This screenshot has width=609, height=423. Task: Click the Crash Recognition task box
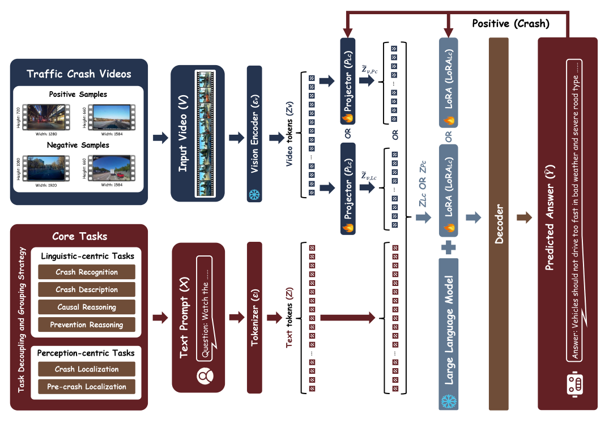point(87,272)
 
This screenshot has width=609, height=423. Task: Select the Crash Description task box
point(87,289)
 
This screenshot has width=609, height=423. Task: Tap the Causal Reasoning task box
point(87,307)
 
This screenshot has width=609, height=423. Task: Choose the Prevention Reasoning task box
point(87,324)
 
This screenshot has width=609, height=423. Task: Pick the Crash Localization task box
point(87,369)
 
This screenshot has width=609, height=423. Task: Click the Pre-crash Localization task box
point(87,387)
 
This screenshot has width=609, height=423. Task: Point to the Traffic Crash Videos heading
point(79,74)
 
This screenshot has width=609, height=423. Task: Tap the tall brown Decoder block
point(499,224)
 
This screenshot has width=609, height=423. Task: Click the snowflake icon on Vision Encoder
point(254,194)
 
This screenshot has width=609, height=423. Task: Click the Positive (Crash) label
point(510,24)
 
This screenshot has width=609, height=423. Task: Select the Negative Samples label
point(79,145)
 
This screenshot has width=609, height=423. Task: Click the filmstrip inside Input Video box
point(204,134)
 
